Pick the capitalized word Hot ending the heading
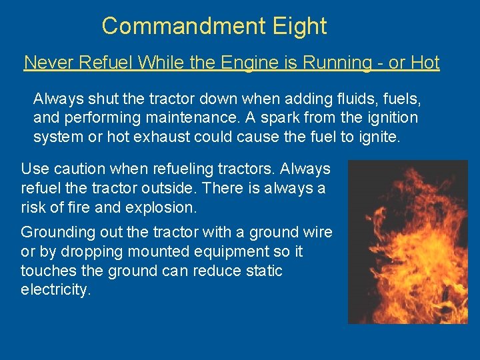click(x=425, y=63)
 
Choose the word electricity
click(x=55, y=291)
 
